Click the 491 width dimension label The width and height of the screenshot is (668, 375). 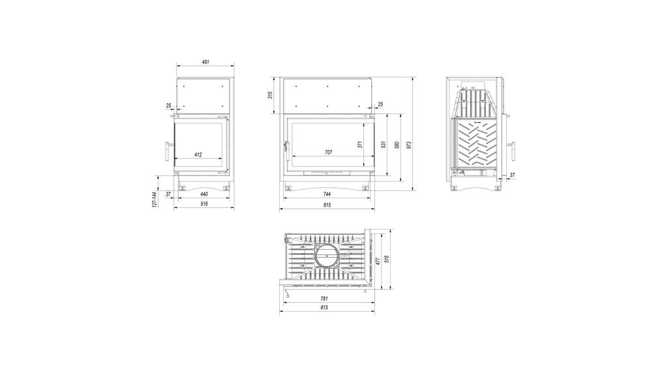205,62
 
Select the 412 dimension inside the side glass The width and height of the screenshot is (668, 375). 198,155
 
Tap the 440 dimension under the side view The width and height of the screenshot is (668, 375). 204,194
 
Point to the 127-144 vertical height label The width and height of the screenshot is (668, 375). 155,200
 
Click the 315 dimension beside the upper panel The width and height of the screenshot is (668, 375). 269,95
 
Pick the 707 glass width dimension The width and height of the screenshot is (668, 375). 328,152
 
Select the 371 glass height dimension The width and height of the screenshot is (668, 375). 360,145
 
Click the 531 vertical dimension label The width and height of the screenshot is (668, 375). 384,145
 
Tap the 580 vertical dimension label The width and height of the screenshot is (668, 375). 397,145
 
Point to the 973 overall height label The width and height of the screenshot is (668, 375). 409,145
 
